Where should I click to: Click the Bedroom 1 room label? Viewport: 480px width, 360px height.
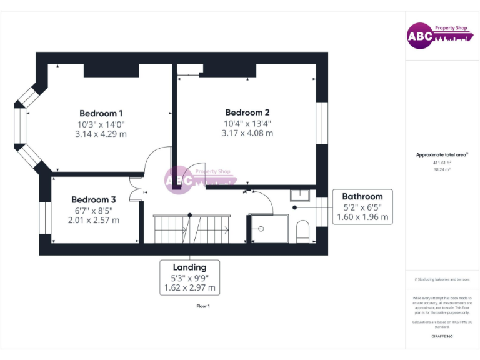pyautogui.click(x=101, y=113)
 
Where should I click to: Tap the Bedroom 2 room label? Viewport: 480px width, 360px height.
pyautogui.click(x=247, y=112)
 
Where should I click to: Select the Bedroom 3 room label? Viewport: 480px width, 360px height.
pyautogui.click(x=93, y=199)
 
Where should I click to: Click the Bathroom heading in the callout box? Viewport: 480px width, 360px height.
pyautogui.click(x=362, y=196)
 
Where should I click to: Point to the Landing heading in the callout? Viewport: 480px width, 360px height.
pyautogui.click(x=189, y=267)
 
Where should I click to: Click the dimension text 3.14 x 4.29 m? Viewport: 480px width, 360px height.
pyautogui.click(x=101, y=134)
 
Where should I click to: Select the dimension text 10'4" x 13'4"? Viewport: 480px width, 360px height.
pyautogui.click(x=248, y=123)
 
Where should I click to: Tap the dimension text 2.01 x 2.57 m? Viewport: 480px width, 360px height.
pyautogui.click(x=94, y=220)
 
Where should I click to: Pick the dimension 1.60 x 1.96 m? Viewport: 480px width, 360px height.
pyautogui.click(x=362, y=217)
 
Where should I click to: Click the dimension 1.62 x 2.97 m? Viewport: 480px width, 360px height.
pyautogui.click(x=189, y=288)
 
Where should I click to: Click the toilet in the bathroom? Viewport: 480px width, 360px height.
pyautogui.click(x=302, y=230)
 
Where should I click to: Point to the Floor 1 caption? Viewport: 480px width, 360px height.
pyautogui.click(x=203, y=306)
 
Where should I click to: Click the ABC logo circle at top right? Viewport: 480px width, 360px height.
pyautogui.click(x=419, y=36)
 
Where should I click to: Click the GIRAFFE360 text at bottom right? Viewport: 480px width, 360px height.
pyautogui.click(x=442, y=336)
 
